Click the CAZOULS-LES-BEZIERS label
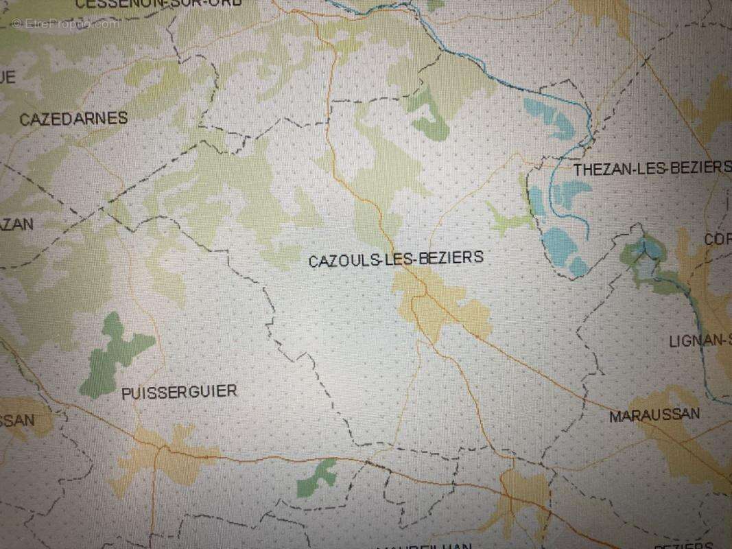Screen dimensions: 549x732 point(396,259)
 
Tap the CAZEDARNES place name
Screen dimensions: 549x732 point(73,119)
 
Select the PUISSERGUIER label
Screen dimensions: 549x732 point(179,392)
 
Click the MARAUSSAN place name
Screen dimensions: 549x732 point(654,414)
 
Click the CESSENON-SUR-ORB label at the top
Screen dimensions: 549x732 point(158,3)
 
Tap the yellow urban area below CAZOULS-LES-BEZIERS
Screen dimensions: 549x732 point(442,309)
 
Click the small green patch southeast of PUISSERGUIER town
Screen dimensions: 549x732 point(317,478)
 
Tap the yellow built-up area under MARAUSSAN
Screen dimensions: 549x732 point(676,446)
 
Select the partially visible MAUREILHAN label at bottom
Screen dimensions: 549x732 point(425,546)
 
